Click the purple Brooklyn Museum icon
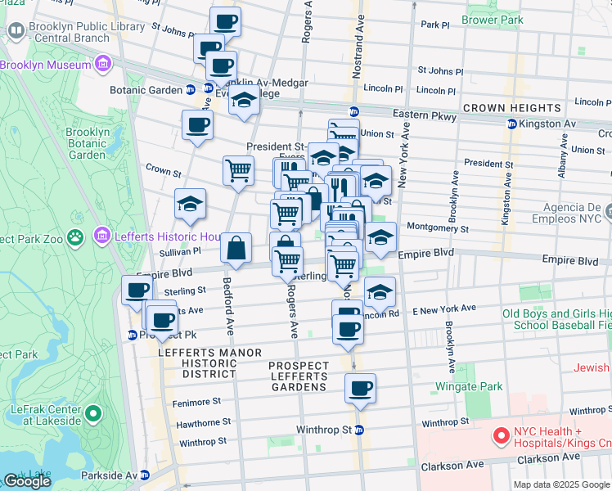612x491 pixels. pos(102,64)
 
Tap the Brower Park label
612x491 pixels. pos(491,19)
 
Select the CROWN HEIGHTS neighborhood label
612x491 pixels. pos(512,108)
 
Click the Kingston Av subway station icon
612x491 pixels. pos(512,124)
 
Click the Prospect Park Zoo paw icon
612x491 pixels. pos(75,237)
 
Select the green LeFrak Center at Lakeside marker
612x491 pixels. pos(94,415)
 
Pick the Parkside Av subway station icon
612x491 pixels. pos(145,475)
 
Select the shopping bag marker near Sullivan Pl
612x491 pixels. pos(236,249)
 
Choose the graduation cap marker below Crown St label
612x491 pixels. pos(190,205)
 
